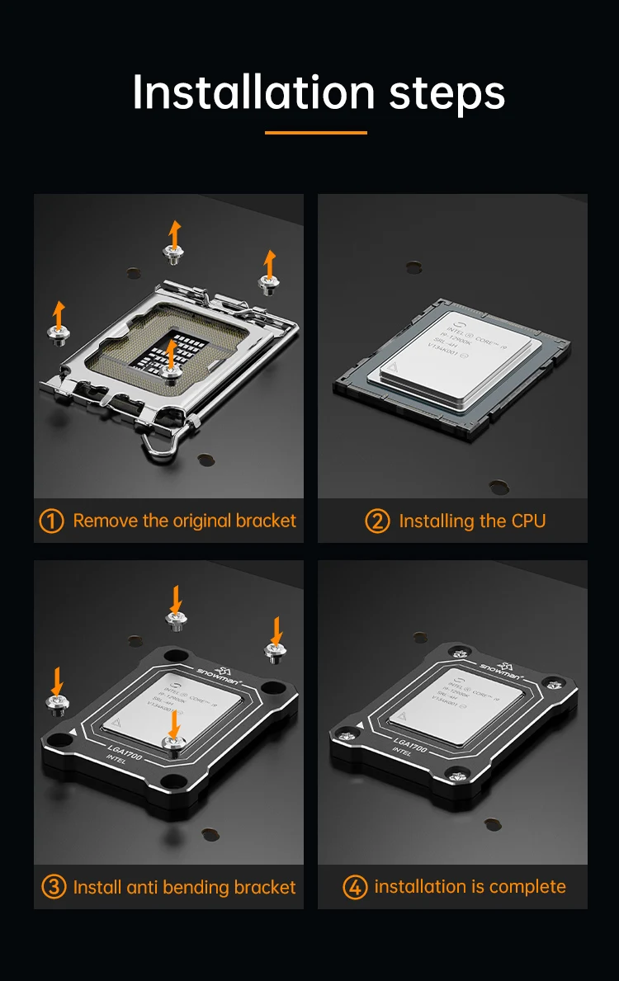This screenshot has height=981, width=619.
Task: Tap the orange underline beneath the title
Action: (316, 132)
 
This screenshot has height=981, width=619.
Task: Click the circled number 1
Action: (51, 521)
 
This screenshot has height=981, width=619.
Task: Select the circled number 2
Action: (377, 521)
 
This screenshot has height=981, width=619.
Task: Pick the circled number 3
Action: (53, 887)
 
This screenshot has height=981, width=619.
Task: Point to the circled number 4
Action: (355, 887)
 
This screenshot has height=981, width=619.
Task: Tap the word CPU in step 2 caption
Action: (528, 521)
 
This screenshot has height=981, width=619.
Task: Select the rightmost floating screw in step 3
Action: (275, 652)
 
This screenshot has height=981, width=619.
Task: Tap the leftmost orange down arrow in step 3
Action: (57, 681)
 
